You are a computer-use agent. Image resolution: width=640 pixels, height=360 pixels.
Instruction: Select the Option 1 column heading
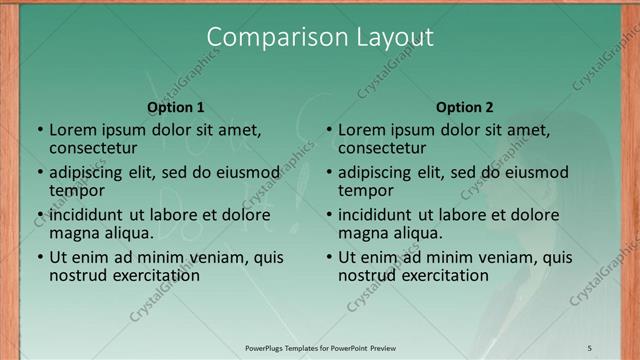coord(175,107)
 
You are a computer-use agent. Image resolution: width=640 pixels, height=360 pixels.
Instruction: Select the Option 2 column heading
coord(465,107)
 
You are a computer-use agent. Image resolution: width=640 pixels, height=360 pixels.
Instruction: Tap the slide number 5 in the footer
coord(589,347)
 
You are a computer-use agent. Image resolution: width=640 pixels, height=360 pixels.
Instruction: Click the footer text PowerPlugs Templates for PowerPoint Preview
coord(320,347)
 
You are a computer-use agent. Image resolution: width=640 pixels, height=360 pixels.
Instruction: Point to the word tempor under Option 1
coord(77,190)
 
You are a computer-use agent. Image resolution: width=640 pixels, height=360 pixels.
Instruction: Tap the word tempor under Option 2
coord(366,190)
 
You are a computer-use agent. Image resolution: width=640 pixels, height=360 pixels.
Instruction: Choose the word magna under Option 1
coord(75,233)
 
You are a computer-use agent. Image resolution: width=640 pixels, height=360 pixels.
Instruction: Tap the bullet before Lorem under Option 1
coord(39,130)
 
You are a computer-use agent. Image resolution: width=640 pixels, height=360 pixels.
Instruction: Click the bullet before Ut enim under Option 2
coord(328,257)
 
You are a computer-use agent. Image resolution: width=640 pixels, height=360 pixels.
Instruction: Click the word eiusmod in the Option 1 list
coord(244,172)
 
